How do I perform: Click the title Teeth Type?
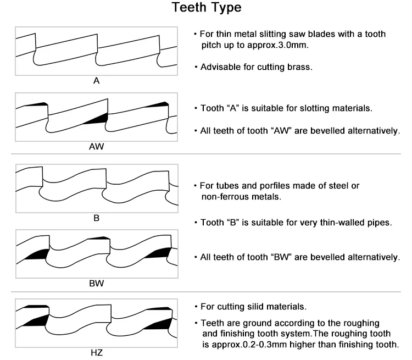[206, 9]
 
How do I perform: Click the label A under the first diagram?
[96, 81]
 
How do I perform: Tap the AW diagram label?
[96, 147]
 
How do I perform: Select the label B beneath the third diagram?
[96, 218]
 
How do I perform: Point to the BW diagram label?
[96, 284]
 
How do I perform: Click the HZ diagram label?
[96, 353]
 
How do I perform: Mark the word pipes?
[379, 223]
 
